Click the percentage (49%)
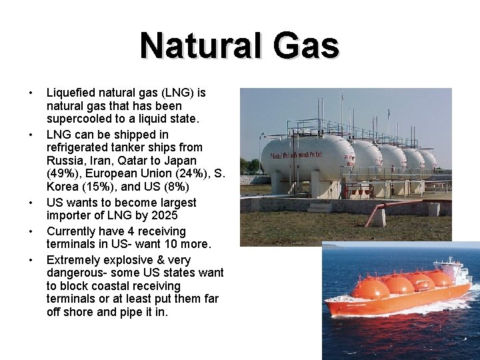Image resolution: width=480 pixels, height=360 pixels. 62,174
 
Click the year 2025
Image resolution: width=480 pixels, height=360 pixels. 164,215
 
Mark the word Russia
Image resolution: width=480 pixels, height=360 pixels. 65,161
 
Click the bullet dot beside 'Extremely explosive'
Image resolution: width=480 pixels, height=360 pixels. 30,259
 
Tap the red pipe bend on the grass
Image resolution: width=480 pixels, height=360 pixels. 373,211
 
